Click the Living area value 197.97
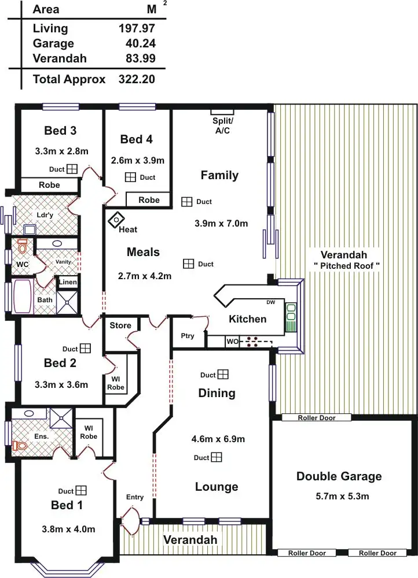137,28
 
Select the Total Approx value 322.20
137,79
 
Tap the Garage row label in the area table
53,43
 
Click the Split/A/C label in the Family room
222,125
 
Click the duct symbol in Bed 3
72,169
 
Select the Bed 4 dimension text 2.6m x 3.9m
137,160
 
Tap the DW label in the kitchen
271,302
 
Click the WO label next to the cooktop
232,342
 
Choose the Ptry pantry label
188,336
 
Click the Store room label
120,325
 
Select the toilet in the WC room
23,247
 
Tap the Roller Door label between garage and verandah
316,417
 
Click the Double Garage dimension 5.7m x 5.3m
339,496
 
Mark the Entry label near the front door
135,497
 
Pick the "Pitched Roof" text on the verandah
346,265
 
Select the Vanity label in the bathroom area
63,262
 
